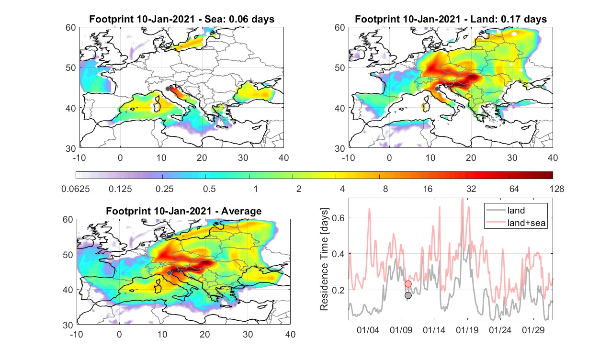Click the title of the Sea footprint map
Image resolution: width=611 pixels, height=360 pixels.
pos(181,19)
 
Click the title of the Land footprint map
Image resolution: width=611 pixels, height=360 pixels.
pos(451,19)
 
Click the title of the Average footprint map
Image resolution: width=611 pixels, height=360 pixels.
pos(184,211)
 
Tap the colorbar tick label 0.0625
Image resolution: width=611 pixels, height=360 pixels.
pos(76,189)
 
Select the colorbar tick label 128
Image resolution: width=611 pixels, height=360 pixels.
pos(557,189)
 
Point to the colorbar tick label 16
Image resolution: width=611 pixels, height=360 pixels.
pos(428,189)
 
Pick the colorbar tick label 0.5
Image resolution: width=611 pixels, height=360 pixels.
pos(209,189)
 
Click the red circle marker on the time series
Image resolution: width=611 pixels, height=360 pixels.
pos(408,284)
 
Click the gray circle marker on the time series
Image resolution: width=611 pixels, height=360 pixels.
pos(408,295)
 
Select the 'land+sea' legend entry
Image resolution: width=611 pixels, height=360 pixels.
pos(516,223)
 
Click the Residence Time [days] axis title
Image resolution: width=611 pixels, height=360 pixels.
pos(324,259)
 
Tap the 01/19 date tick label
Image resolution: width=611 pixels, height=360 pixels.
pos(467,330)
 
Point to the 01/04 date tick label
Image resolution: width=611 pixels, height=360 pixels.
pos(368,330)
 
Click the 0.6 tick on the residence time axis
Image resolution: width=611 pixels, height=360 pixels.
pos(339,217)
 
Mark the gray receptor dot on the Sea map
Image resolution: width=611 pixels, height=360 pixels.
pos(168,89)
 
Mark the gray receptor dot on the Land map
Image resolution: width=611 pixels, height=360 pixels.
pos(437,89)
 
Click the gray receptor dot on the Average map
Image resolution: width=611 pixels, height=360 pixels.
pos(169,273)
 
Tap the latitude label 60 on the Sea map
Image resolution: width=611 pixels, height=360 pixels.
pos(71,28)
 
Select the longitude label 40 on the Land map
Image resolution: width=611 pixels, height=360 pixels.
pos(553,157)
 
